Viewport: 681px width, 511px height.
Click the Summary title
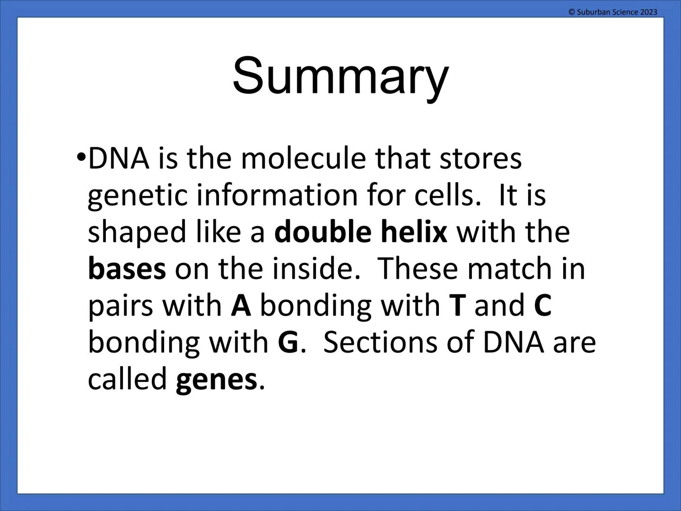click(x=340, y=76)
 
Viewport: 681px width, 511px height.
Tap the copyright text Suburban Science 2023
click(x=612, y=12)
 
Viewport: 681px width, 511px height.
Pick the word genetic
click(x=138, y=196)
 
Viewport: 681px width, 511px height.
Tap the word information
click(x=277, y=195)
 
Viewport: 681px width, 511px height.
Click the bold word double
click(x=323, y=232)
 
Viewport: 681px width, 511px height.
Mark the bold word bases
click(x=127, y=269)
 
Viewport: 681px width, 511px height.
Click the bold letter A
click(x=241, y=306)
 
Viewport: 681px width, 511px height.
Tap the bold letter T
click(x=457, y=306)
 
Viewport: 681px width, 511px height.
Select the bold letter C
click(x=542, y=306)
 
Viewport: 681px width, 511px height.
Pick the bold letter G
click(x=288, y=343)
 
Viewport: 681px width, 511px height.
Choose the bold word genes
click(x=216, y=379)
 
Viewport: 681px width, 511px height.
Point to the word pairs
click(x=121, y=307)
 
